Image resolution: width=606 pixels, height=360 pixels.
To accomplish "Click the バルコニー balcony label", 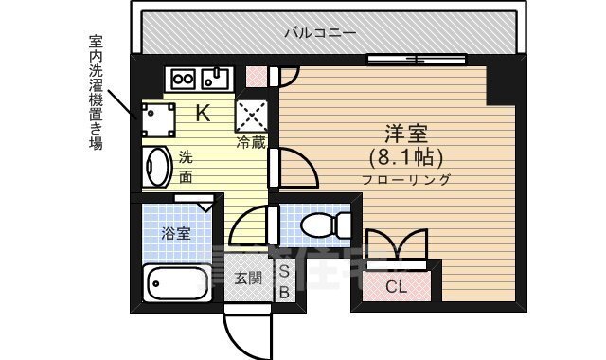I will pyautogui.click(x=321, y=33).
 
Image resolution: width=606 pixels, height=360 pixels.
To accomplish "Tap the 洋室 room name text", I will pyautogui.click(x=403, y=133).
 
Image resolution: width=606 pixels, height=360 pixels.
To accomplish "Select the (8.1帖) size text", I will pyautogui.click(x=404, y=156).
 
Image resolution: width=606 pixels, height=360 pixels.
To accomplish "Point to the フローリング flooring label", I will pyautogui.click(x=405, y=179).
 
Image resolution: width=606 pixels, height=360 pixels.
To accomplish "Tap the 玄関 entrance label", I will pyautogui.click(x=248, y=279).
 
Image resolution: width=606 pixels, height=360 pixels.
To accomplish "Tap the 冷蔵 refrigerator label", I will pyautogui.click(x=251, y=142).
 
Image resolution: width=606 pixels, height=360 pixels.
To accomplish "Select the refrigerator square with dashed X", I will pyautogui.click(x=251, y=115).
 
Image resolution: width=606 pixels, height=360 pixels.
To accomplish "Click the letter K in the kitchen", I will pyautogui.click(x=203, y=113).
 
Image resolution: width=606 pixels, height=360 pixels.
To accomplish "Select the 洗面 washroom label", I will pyautogui.click(x=186, y=167).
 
